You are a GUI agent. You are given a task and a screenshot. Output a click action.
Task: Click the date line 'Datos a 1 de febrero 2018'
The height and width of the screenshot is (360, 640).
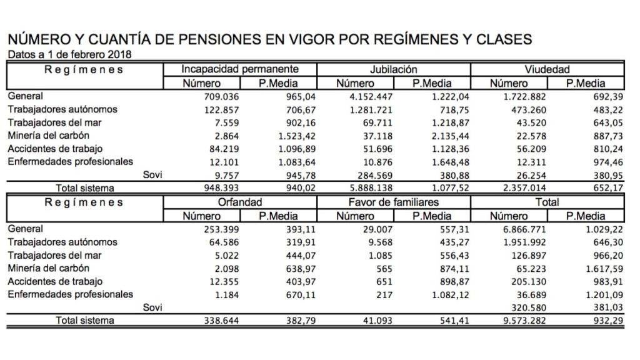(x=69, y=54)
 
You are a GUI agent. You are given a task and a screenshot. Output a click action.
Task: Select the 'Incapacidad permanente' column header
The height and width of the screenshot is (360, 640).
(x=240, y=69)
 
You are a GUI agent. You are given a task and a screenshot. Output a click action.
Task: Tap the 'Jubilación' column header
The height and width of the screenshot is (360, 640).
(x=393, y=69)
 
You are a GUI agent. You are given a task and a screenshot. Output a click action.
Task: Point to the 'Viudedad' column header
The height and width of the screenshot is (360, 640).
(x=547, y=69)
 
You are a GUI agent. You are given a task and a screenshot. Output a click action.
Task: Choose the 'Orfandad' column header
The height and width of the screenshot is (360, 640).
(x=240, y=202)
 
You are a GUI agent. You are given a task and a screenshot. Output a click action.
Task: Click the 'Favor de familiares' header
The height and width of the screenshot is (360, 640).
(x=393, y=202)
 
